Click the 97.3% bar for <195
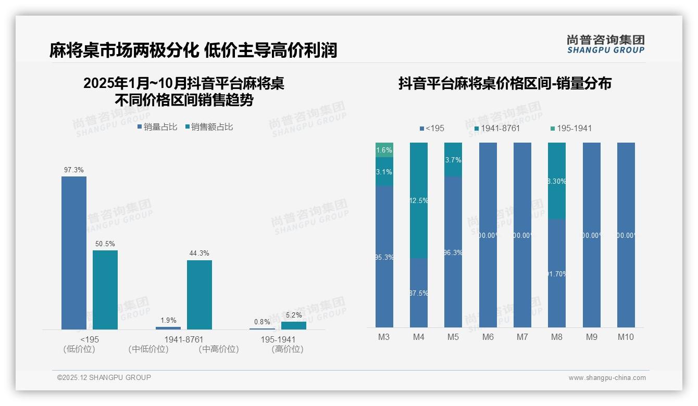[74, 252]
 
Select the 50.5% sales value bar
[105, 289]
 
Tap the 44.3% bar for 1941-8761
[200, 294]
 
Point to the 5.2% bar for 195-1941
[294, 325]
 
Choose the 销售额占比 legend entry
[209, 127]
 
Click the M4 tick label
[419, 337]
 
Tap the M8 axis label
[557, 337]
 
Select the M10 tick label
[626, 337]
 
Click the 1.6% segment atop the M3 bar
[384, 150]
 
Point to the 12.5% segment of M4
[419, 200]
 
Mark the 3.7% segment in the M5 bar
[453, 159]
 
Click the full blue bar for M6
[488, 235]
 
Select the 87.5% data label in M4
[419, 294]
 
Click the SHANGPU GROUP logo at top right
[605, 44]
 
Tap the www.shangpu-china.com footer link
[607, 378]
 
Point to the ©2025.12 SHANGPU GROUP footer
[104, 377]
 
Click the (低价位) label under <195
[79, 349]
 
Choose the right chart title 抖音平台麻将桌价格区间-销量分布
[505, 83]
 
